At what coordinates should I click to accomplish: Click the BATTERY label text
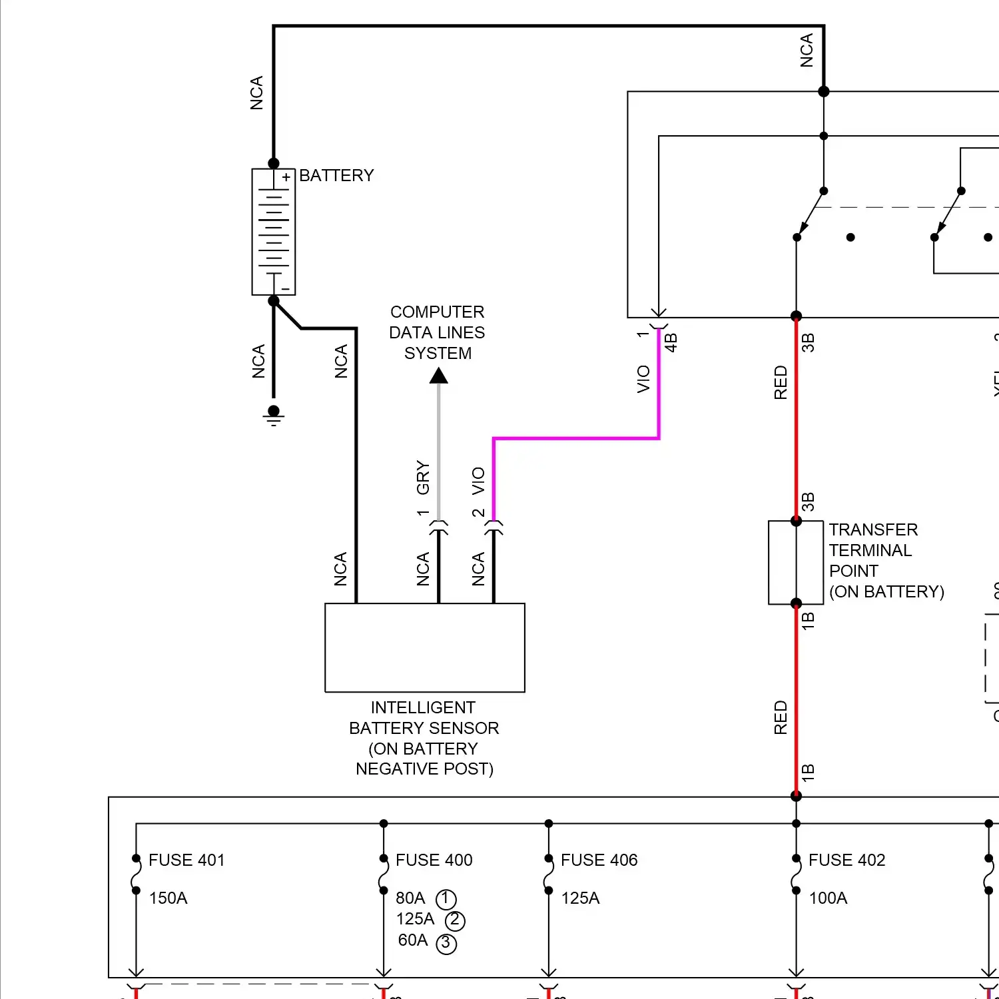[336, 175]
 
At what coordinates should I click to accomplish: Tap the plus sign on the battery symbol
[286, 177]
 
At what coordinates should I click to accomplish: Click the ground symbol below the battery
[274, 416]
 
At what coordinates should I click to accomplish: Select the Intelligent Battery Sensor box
[424, 647]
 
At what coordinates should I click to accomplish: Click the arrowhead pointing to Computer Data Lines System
[438, 376]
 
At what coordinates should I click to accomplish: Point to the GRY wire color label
[423, 478]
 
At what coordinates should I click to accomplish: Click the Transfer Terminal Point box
[796, 563]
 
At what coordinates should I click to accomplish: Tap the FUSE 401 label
[186, 860]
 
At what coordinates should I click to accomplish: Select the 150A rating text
[168, 898]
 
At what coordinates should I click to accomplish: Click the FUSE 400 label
[434, 860]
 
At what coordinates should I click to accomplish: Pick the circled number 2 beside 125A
[455, 920]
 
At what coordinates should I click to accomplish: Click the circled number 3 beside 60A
[446, 943]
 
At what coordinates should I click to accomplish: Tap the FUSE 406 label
[599, 860]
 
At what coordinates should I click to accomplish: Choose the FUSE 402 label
[846, 860]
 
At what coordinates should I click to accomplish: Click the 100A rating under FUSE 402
[828, 898]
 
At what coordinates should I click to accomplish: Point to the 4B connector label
[671, 342]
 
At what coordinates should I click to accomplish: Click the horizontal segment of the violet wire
[576, 438]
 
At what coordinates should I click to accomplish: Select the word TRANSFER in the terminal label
[873, 529]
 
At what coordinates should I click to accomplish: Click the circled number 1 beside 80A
[446, 899]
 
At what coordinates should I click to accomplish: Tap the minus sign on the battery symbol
[285, 289]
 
